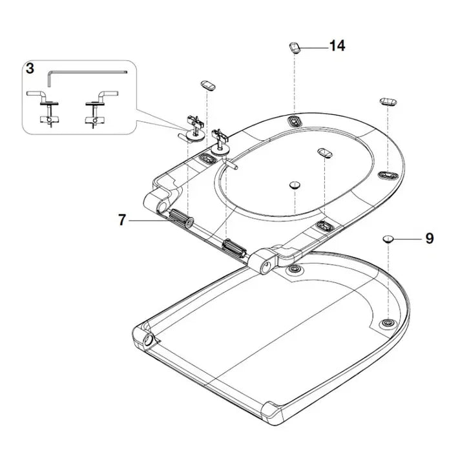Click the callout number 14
pos(337,46)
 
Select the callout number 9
pos(430,238)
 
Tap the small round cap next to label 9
pos(388,238)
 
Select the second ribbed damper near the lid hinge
pos(233,248)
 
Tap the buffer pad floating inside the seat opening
pos(325,151)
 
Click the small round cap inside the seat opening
pos(294,184)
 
